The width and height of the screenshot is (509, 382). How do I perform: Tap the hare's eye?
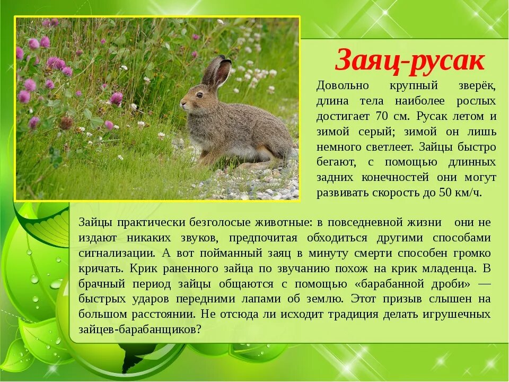click(x=199, y=95)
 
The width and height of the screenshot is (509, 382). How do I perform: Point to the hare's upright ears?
click(x=217, y=72)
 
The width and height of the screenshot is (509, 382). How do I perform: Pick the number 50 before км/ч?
click(x=444, y=193)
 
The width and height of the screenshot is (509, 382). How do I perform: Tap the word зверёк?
click(x=477, y=85)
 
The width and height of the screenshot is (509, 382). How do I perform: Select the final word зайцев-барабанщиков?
click(x=140, y=329)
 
